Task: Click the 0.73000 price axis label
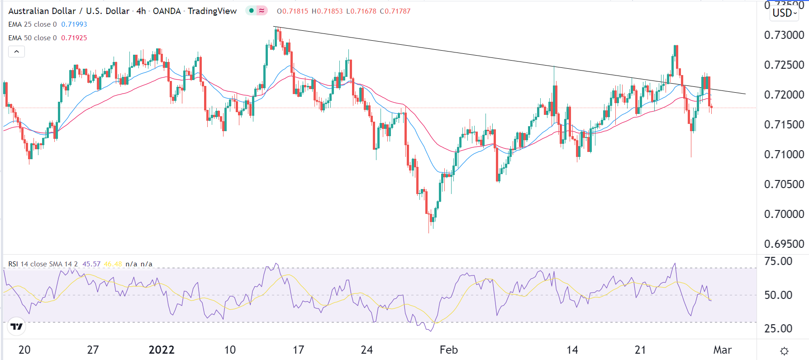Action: click(x=784, y=35)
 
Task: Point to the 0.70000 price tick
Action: click(x=784, y=214)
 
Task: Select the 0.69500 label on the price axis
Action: click(x=784, y=244)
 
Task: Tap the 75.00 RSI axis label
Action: click(x=778, y=261)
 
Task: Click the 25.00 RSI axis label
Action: click(x=778, y=328)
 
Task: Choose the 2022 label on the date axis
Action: click(x=162, y=350)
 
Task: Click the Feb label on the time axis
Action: click(x=448, y=350)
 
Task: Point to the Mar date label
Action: click(x=722, y=350)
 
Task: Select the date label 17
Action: click(x=298, y=350)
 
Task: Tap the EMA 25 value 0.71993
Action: click(x=74, y=24)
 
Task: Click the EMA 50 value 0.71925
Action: click(x=74, y=38)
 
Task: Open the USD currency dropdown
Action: click(x=785, y=13)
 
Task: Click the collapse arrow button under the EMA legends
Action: click(x=16, y=52)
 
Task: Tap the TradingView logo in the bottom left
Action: click(x=16, y=327)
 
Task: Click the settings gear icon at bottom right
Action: click(x=785, y=351)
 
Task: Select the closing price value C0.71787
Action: click(x=395, y=11)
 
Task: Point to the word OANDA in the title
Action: click(x=167, y=11)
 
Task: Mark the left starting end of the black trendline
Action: click(x=274, y=27)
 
